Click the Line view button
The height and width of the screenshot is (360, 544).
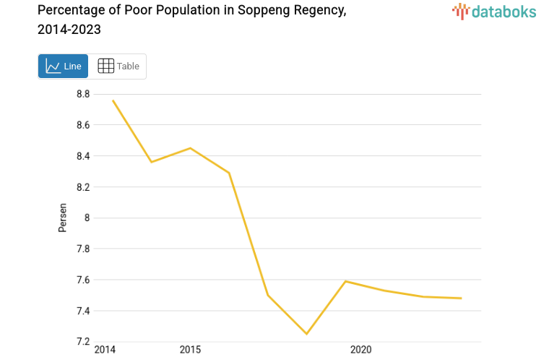pos(63,66)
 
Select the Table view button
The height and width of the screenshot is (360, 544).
pos(118,66)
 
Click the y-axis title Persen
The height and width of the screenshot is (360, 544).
pos(62,217)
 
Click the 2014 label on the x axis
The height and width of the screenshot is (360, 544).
pos(104,350)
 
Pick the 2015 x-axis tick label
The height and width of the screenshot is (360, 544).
pos(190,350)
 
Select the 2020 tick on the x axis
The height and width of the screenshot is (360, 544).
pos(360,350)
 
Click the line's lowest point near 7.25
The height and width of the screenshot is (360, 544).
pos(306,334)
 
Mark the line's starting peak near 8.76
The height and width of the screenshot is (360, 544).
pos(113,100)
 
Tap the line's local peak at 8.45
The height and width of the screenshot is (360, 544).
pos(190,148)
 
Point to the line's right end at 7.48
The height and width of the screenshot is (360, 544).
pos(461,298)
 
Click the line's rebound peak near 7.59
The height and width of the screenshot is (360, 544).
pos(345,281)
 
